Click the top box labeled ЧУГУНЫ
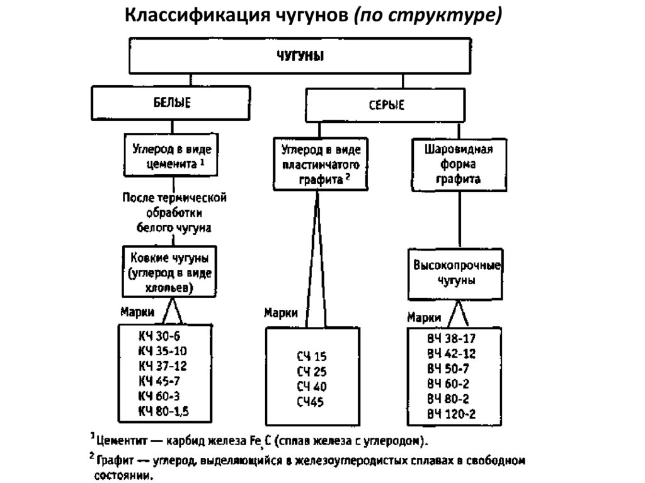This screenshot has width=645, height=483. pos(300,59)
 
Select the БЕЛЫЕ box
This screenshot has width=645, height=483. pos(172,102)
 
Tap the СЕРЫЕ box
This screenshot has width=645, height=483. pos(386,105)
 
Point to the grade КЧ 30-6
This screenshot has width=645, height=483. pos(159,337)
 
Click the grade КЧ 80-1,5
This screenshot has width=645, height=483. pos(164,412)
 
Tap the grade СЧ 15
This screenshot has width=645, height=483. pos(312,356)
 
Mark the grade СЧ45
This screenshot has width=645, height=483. pos(311,402)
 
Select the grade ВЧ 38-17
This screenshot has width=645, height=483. pos(452,338)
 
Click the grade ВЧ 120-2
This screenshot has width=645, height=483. pos(452,414)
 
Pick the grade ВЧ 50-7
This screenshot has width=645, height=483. pos(448,368)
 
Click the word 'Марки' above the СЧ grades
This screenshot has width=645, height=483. pos(281,313)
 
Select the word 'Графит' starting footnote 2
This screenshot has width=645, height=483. pos(115,462)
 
